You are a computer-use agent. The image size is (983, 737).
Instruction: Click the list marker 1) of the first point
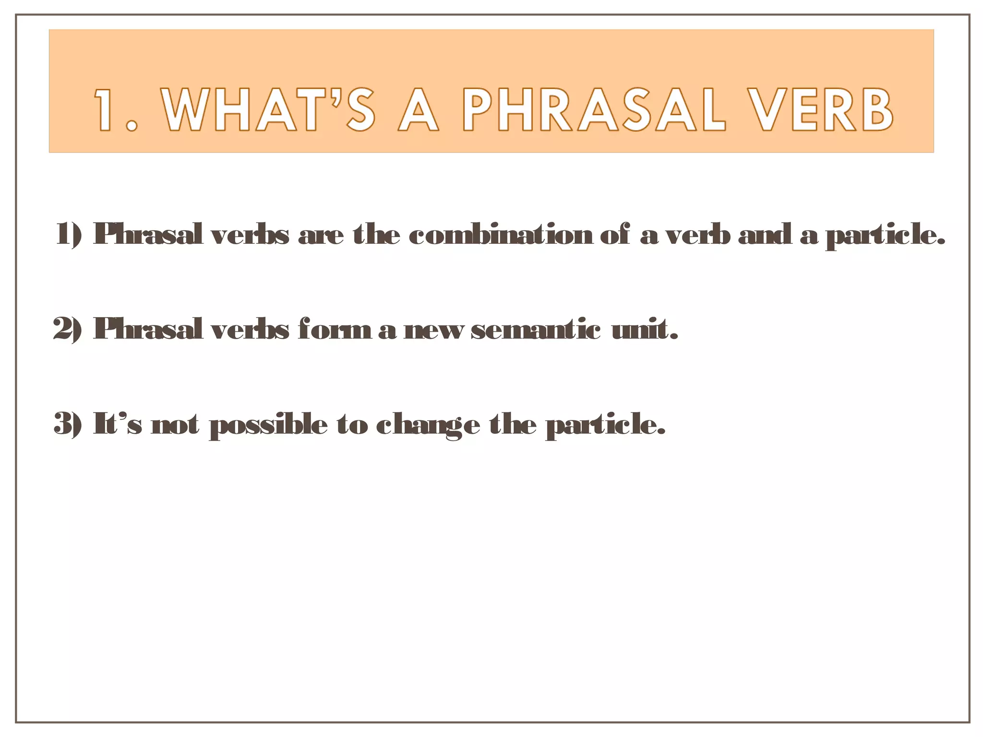click(69, 234)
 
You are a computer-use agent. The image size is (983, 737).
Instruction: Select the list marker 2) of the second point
click(68, 329)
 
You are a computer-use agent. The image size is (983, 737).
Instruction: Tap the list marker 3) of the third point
click(68, 424)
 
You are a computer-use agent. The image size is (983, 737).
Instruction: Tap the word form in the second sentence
click(334, 329)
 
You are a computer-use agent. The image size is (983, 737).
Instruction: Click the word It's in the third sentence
click(118, 423)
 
